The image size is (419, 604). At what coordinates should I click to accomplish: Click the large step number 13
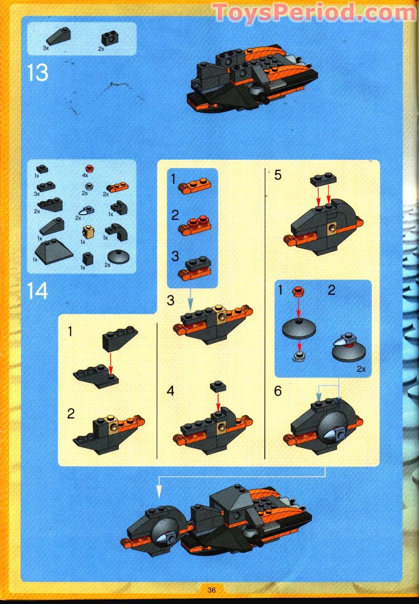coord(38,72)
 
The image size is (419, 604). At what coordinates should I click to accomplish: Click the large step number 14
coord(38,291)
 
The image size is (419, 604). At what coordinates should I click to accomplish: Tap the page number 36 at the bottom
coord(211,590)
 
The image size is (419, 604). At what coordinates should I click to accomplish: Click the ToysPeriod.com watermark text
coord(314,12)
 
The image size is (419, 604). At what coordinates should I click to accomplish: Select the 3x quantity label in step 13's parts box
coord(46,48)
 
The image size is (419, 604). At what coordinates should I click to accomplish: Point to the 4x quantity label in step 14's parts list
coord(86,175)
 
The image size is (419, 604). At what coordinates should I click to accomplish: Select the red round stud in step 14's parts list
coord(90,168)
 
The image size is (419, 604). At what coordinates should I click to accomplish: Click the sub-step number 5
coord(278,175)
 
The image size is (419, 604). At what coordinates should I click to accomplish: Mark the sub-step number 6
coord(278,391)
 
